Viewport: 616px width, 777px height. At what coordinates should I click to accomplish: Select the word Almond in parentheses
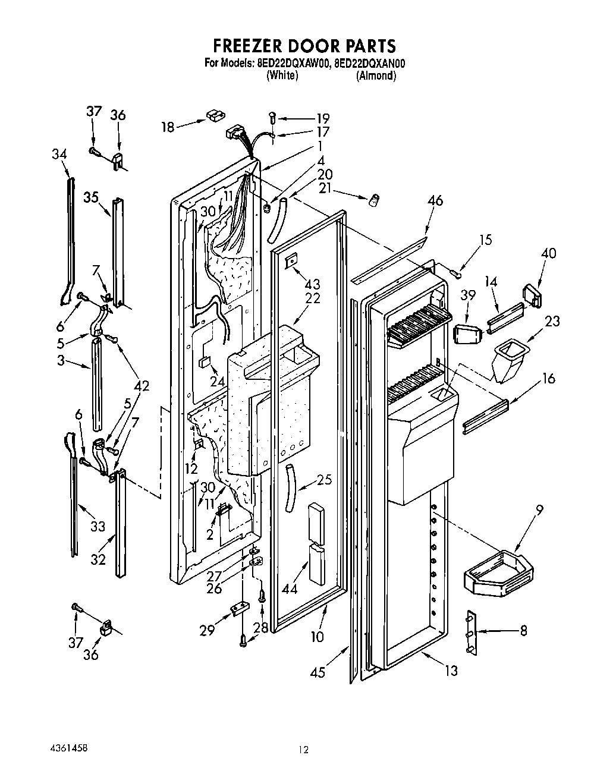[x=376, y=76]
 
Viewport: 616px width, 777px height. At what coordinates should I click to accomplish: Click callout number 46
[x=435, y=201]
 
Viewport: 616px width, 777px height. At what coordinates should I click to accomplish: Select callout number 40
[x=548, y=253]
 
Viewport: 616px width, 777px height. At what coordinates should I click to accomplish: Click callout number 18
[x=168, y=126]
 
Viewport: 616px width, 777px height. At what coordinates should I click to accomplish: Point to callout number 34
[x=59, y=155]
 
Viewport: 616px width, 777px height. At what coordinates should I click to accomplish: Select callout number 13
[x=451, y=671]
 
